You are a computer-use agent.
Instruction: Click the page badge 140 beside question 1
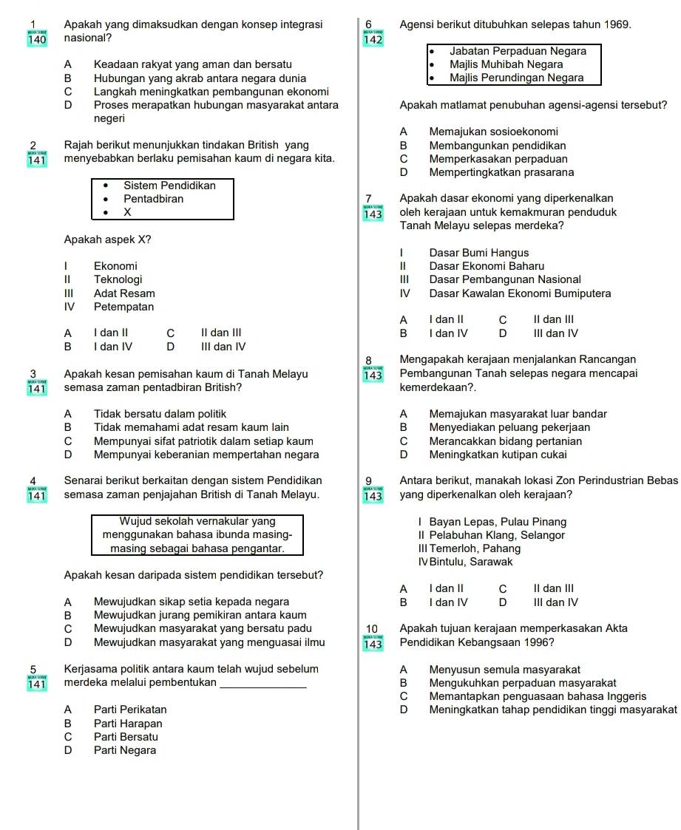36,40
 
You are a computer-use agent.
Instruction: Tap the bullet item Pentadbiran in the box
154,199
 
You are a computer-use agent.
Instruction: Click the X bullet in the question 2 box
127,212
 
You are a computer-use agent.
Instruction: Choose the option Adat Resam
124,293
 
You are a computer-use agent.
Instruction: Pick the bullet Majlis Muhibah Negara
506,64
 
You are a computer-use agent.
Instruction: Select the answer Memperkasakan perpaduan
498,159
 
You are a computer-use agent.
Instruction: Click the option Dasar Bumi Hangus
478,253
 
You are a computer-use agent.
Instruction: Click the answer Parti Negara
125,750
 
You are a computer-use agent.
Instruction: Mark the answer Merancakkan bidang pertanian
505,441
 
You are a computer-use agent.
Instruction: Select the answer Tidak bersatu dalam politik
160,414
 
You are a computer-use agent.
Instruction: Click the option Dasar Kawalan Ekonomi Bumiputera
520,293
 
